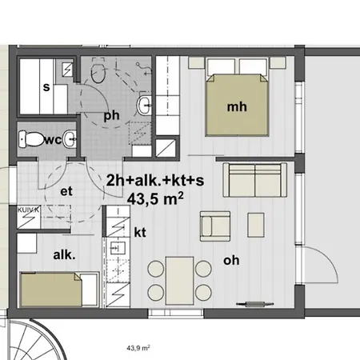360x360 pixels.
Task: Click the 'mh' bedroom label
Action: (237, 107)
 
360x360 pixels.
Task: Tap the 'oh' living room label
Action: (231, 260)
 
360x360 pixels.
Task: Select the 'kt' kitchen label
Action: (140, 232)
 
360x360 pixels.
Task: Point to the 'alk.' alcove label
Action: (64, 255)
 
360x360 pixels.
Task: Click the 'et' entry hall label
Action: (66, 191)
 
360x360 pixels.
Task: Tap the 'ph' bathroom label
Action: (111, 116)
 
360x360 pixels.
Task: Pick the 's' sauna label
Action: (46, 87)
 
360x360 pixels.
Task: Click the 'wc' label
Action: (54, 140)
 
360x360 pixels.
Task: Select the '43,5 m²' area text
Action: (155, 198)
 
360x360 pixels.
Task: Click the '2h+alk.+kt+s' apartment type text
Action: (155, 180)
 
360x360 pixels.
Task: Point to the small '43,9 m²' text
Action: (138, 348)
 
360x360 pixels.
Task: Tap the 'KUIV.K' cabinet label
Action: (28, 210)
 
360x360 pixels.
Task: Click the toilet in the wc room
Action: (31, 139)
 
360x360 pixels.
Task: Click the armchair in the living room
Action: (215, 226)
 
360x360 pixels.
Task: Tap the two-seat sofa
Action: (255, 180)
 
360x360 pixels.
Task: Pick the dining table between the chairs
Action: (179, 281)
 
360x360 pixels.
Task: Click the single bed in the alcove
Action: (59, 290)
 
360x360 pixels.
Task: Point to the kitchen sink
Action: (118, 248)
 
